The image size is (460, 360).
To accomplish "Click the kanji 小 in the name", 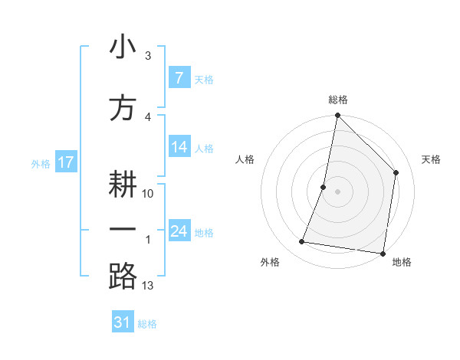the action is pyautogui.click(x=123, y=47).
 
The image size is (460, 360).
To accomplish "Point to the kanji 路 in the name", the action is pyautogui.click(x=123, y=275).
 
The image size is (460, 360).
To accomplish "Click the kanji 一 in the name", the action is pyautogui.click(x=123, y=229).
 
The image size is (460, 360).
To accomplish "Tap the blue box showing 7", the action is pyautogui.click(x=179, y=78).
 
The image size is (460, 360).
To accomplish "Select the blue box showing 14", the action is pyautogui.click(x=179, y=148).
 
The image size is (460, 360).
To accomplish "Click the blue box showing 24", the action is pyautogui.click(x=179, y=231).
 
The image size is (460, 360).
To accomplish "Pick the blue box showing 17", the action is pyautogui.click(x=65, y=162).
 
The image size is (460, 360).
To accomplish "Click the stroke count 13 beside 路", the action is pyautogui.click(x=148, y=286).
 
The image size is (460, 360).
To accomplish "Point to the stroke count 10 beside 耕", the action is pyautogui.click(x=148, y=193).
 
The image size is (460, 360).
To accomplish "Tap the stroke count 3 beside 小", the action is pyautogui.click(x=148, y=56).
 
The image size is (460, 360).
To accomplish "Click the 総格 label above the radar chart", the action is pyautogui.click(x=338, y=100).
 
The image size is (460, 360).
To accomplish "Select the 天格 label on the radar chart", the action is pyautogui.click(x=431, y=159).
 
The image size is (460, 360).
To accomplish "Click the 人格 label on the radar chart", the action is pyautogui.click(x=245, y=159).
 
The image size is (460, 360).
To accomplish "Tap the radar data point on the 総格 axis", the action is pyautogui.click(x=337, y=116).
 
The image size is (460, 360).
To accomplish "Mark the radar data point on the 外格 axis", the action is pyautogui.click(x=302, y=242).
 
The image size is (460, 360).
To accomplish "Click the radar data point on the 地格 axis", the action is pyautogui.click(x=383, y=253).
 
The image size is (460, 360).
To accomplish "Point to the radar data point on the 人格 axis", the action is pyautogui.click(x=324, y=187).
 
